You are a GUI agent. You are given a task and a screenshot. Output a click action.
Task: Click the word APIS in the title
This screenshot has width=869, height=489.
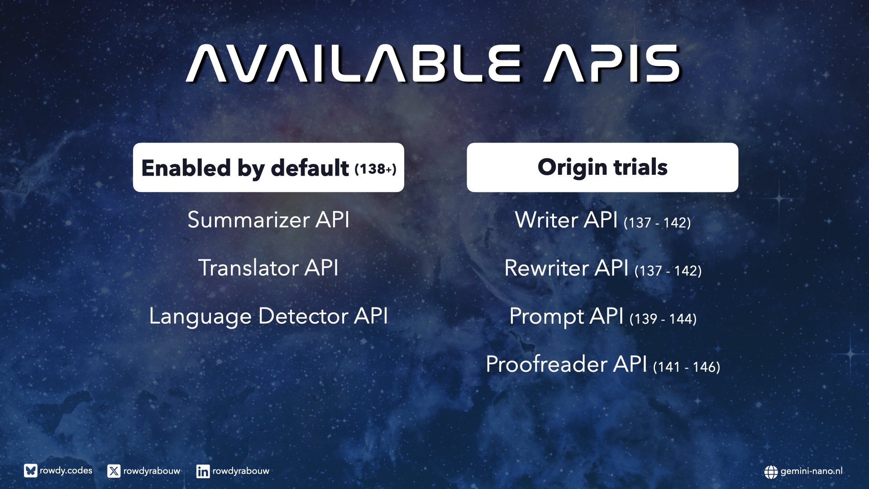tap(612, 63)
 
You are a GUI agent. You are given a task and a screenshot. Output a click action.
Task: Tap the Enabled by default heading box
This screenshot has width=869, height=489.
tap(268, 168)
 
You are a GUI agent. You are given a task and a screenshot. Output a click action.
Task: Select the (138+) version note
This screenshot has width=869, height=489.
tap(375, 169)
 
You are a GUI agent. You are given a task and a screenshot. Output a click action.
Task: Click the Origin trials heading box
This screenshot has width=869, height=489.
tap(602, 168)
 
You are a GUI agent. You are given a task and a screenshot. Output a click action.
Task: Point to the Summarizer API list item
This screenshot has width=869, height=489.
tap(268, 220)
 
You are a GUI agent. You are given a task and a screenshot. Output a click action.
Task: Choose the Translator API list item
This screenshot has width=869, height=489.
tap(268, 268)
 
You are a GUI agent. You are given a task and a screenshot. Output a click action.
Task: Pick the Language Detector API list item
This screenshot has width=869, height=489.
tap(268, 316)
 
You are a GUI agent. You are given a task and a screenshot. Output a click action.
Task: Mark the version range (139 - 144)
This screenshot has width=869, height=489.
tap(663, 319)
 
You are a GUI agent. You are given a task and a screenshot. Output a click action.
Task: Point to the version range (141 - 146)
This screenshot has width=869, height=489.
tap(687, 367)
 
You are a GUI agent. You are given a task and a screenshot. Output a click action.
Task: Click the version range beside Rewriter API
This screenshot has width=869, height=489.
tap(668, 271)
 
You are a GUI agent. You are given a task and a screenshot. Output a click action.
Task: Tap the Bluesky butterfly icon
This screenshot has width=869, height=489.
tap(30, 471)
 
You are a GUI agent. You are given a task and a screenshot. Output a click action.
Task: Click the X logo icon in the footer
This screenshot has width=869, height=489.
tap(114, 471)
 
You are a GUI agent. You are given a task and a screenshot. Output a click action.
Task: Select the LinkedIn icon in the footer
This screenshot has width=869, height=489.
tap(203, 471)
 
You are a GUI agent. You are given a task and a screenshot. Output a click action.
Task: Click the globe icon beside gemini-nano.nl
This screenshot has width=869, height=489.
tap(771, 472)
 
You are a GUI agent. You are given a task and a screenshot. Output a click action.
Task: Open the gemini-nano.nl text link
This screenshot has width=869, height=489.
tap(812, 471)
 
